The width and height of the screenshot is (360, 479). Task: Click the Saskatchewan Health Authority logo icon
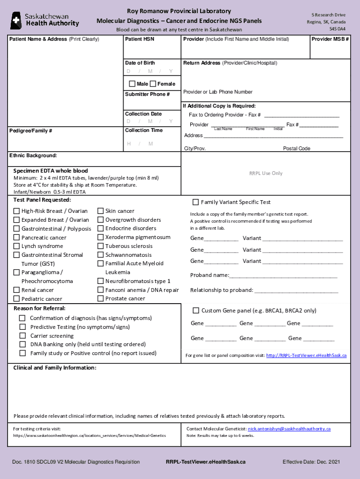click(16, 20)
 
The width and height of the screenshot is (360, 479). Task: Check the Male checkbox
click(132, 84)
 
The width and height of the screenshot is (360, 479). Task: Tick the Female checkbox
click(153, 84)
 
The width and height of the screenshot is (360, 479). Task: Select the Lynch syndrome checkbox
click(16, 246)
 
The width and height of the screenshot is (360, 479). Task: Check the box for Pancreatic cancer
click(16, 238)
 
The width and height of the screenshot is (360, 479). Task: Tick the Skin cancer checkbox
click(101, 211)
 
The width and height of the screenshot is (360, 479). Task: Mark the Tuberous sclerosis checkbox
click(101, 246)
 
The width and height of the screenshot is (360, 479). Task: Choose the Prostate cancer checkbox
click(101, 298)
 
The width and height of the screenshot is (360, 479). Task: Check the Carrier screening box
click(22, 336)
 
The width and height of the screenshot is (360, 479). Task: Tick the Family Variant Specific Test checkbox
click(195, 202)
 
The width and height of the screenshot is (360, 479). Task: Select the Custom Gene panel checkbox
click(196, 310)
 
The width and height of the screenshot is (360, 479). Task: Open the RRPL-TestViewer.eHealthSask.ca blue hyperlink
click(306, 356)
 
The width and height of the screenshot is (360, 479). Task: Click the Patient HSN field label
click(139, 39)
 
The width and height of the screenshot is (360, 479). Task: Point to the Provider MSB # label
click(330, 39)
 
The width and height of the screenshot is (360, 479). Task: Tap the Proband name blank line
click(283, 276)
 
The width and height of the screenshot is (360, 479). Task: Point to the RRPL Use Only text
click(266, 173)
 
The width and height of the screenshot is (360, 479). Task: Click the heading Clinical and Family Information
click(55, 368)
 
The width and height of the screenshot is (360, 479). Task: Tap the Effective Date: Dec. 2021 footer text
click(311, 462)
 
